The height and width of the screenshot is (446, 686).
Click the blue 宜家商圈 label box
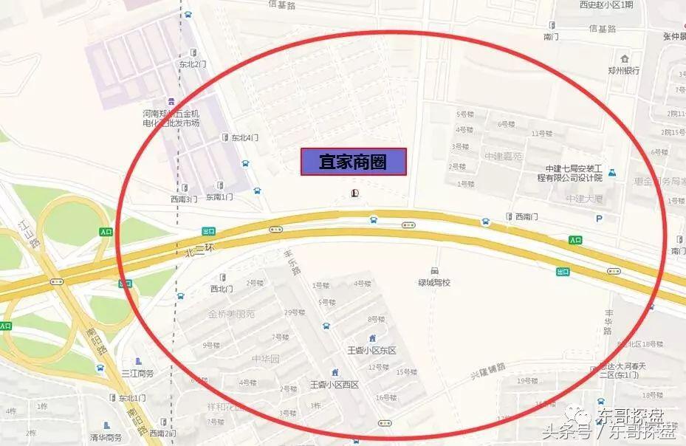tap(353, 162)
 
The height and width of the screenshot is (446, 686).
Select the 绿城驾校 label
tap(433, 282)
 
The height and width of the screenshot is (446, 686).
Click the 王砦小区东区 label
tap(371, 350)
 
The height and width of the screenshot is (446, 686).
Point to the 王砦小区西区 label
tap(334, 384)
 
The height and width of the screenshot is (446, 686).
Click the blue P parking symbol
tap(599, 219)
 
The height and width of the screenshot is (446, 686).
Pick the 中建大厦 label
tap(584, 199)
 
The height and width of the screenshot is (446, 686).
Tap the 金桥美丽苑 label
tap(231, 314)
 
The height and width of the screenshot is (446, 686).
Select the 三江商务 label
tap(137, 373)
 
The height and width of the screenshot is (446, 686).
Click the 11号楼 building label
tap(542, 134)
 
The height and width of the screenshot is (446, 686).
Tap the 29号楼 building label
tap(294, 312)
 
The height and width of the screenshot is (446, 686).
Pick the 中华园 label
tap(265, 359)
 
